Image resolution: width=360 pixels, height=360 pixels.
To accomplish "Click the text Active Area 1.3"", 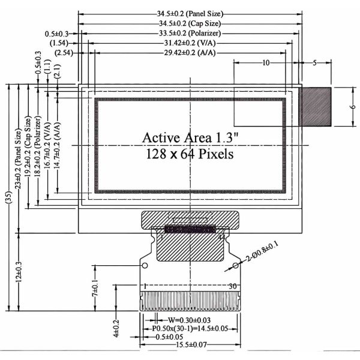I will pos(190,137).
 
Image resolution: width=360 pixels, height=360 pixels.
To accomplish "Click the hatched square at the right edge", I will pos(316,106).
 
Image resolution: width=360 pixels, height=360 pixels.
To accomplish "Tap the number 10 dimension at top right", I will pos(265,62).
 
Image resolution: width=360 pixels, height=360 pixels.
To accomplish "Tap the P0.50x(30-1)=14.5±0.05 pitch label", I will pos(189,329).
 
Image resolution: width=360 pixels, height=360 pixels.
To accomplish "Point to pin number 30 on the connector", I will pos(232,286).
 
